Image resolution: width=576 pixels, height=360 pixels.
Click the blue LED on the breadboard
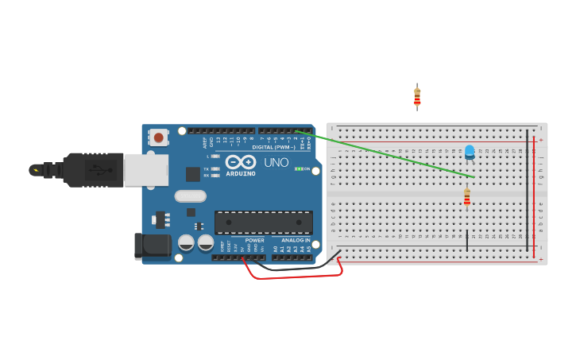pos(470,151)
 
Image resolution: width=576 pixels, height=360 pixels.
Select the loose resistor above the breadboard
pos(417,97)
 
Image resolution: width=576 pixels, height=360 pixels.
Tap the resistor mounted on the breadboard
pos(466,196)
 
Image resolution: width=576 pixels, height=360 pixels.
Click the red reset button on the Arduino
pos(159,137)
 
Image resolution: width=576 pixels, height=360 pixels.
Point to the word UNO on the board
pos(276,162)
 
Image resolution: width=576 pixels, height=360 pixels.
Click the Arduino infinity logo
pos(240,162)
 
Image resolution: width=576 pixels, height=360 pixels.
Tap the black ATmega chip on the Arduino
pos(263,223)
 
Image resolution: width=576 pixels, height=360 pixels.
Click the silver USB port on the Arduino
pos(145,170)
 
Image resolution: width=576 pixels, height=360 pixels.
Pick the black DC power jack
pos(153,246)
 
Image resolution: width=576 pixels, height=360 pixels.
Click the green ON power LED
pos(298,168)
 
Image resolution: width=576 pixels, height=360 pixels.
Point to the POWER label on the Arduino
pos(254,240)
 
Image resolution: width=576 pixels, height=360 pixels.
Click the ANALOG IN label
pos(296,240)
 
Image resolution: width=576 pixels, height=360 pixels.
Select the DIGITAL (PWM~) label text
pos(273,147)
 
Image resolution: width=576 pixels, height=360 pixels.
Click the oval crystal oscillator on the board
pos(190,195)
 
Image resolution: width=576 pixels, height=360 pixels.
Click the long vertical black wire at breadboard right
pos(527,191)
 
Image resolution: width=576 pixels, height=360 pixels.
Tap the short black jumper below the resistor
pos(467,241)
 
